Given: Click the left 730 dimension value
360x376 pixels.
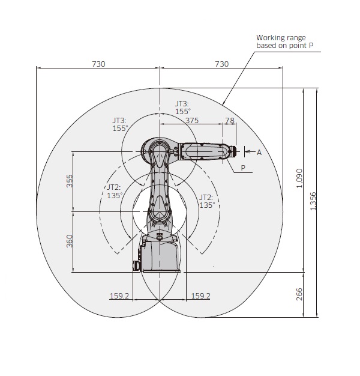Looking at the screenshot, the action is [98, 64].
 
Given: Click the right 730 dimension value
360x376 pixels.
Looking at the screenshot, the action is [221, 64].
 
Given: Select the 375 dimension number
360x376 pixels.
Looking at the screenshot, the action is [192, 120].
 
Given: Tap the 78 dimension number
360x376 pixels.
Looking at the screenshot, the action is [230, 120].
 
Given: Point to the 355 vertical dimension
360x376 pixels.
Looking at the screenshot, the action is [69, 181].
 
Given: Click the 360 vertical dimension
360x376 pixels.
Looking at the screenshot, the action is [69, 241].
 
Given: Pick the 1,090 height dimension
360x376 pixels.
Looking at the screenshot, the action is [299, 178].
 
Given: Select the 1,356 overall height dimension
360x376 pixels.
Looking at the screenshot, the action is [313, 201].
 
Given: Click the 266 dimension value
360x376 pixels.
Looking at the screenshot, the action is [299, 294].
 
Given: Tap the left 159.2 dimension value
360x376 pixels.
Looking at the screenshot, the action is [119, 296].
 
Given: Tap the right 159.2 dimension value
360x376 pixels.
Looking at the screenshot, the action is [201, 296].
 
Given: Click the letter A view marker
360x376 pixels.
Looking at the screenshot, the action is [259, 153].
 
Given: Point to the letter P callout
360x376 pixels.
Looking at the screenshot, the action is [243, 168].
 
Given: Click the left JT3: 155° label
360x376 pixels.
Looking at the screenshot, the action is [120, 124].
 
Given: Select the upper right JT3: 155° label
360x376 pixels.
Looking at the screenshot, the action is [183, 108].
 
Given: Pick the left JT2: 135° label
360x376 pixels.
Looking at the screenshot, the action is [115, 192].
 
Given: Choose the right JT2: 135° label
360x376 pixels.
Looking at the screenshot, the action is [207, 201].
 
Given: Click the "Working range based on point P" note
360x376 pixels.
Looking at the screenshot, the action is [285, 41].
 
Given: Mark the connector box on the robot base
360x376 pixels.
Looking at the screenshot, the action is [136, 266].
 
